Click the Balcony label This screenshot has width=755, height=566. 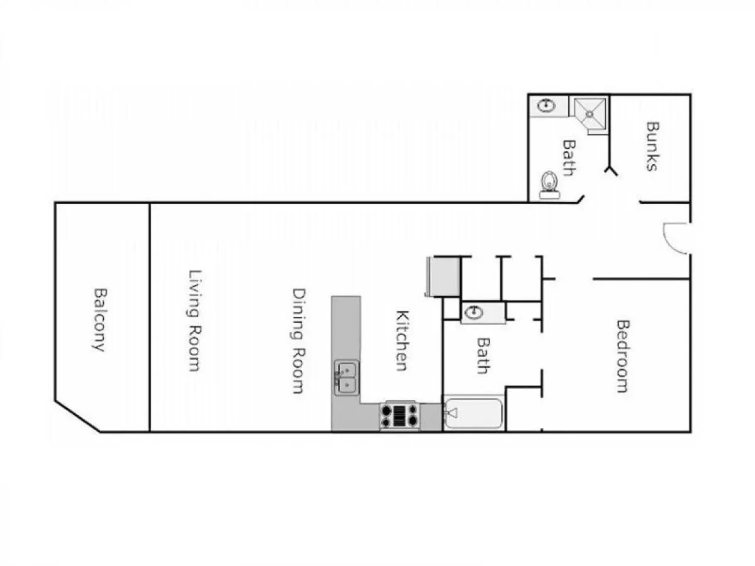(100, 319)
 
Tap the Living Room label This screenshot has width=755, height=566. (195, 320)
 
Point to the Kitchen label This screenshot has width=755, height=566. (402, 340)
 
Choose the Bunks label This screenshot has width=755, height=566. (652, 146)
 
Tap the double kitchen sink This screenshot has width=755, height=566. (347, 377)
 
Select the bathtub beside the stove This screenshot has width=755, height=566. (474, 413)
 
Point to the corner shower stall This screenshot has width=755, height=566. (589, 114)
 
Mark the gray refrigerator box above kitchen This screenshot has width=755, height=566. (444, 277)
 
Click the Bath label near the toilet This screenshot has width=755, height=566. (569, 157)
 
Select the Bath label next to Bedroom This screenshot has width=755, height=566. (483, 355)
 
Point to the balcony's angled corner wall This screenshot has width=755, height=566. (77, 416)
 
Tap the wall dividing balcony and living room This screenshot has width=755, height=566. (150, 317)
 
